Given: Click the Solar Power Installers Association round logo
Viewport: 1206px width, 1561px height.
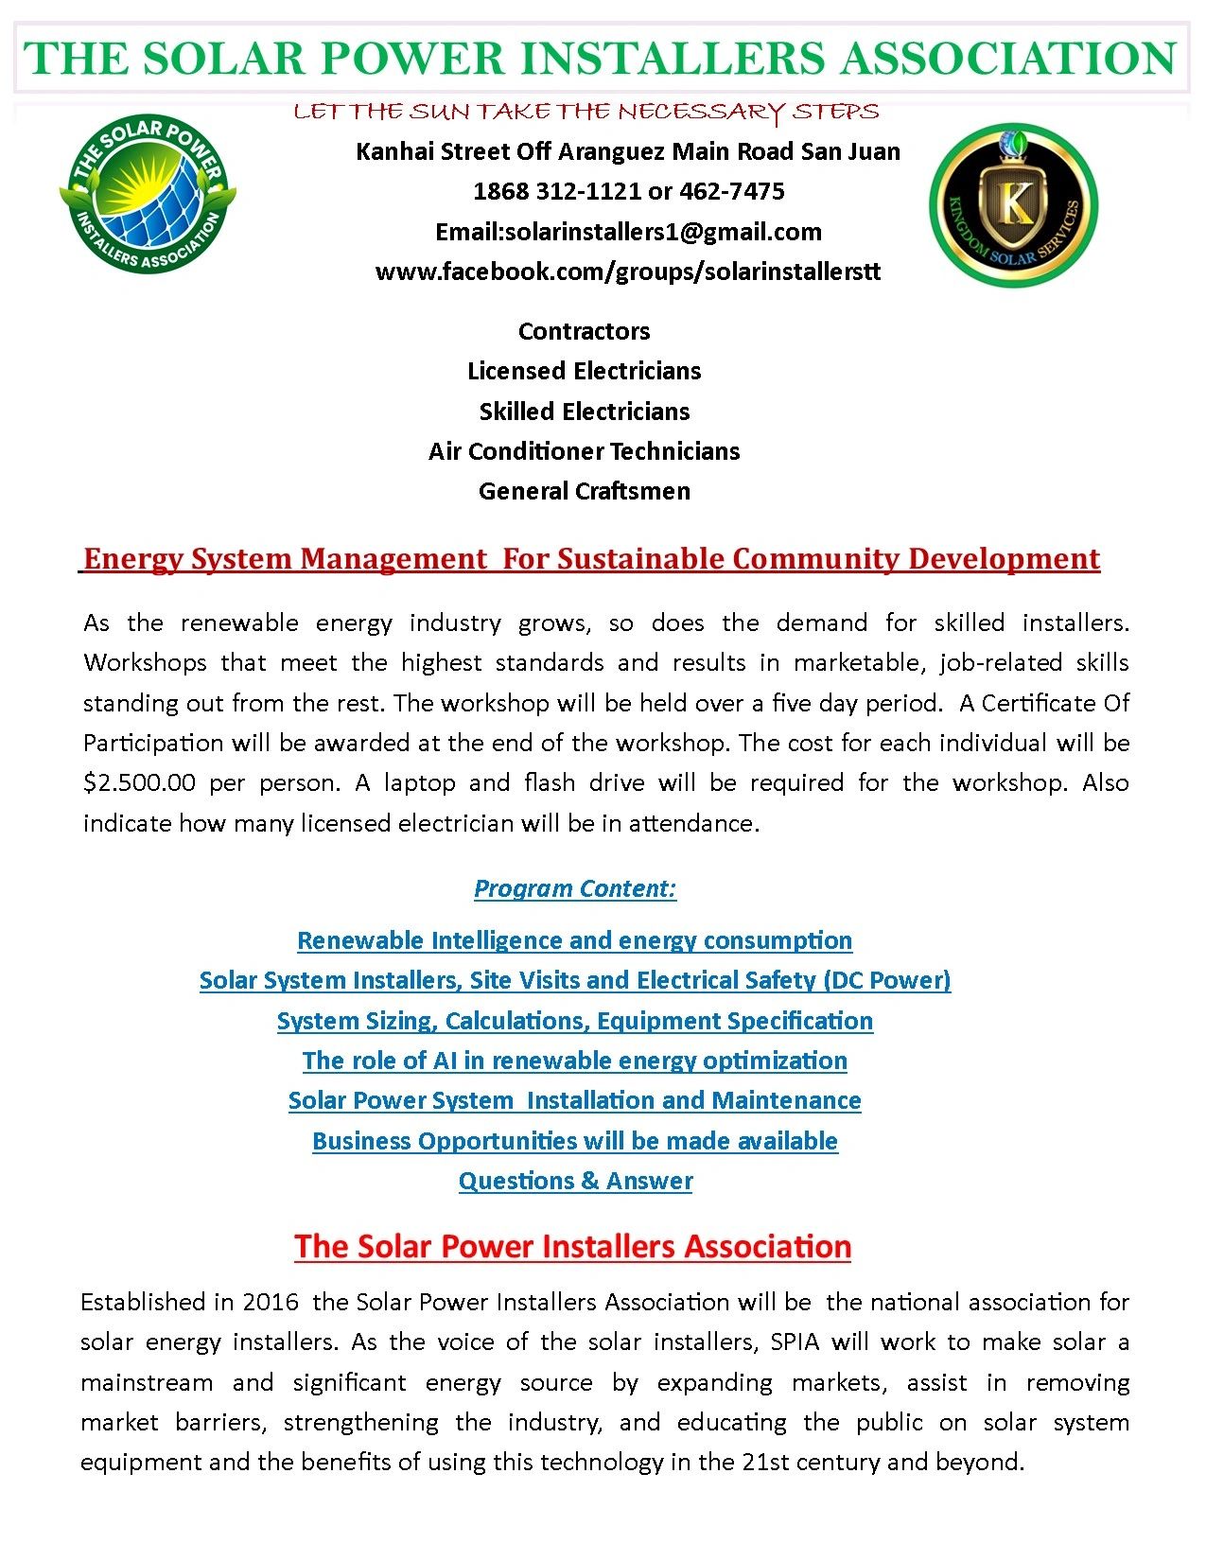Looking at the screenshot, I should click(x=148, y=195).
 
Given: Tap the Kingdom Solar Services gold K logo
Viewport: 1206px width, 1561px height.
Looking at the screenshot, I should click(x=1013, y=205).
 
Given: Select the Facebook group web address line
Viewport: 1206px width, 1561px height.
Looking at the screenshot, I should click(x=628, y=272).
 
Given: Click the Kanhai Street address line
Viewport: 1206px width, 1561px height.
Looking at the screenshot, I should click(x=628, y=152).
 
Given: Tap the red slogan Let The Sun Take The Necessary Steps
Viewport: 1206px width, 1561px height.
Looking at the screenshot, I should click(x=586, y=113).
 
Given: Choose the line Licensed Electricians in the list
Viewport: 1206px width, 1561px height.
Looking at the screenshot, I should click(x=584, y=371).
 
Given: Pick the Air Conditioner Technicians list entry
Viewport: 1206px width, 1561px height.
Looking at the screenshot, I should click(x=584, y=451).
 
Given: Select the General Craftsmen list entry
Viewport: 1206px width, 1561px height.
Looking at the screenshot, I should click(x=584, y=491).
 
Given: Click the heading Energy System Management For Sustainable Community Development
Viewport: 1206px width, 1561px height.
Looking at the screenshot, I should click(x=591, y=559).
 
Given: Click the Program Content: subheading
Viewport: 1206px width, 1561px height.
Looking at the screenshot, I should click(x=575, y=888).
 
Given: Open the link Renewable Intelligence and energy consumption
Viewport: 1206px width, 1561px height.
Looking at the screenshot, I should click(x=574, y=940).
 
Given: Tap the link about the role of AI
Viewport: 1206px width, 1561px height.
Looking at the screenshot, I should click(x=574, y=1061).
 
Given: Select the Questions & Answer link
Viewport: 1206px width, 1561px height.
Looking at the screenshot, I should click(x=575, y=1181).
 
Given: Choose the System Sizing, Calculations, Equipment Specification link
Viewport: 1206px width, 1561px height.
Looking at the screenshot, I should click(x=574, y=1021).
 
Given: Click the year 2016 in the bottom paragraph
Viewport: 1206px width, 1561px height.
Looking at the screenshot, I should click(x=271, y=1302).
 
